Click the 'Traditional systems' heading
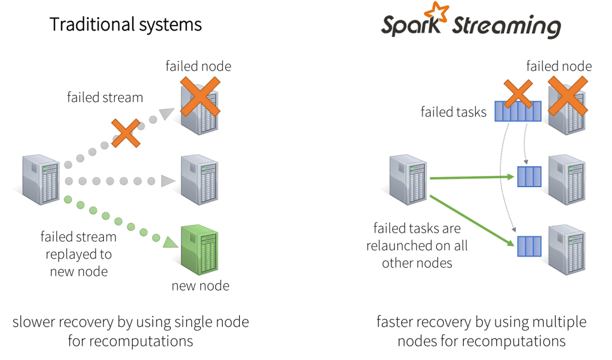(126, 25)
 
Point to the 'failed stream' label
(105, 97)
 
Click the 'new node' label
(200, 286)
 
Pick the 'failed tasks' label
(453, 111)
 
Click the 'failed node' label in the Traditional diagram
(198, 66)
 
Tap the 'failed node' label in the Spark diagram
(559, 66)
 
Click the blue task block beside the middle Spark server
(529, 177)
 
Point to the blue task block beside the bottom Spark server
(529, 246)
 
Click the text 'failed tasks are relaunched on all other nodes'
(420, 245)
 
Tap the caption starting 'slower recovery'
(130, 331)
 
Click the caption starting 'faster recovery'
(481, 331)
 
